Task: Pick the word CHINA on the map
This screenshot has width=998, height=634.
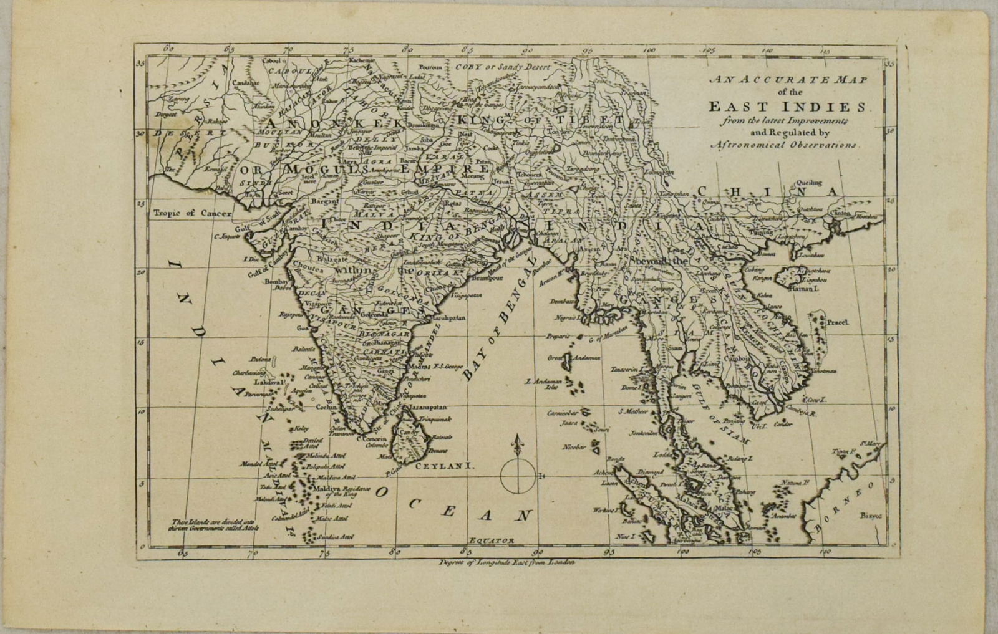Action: (768, 192)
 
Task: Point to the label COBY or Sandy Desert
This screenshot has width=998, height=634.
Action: (502, 67)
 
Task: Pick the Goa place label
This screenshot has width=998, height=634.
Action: (303, 328)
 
